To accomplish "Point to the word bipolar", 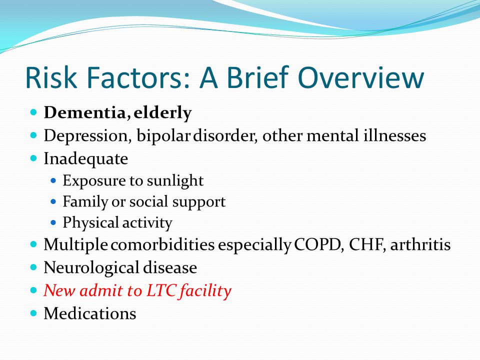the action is click(163, 136).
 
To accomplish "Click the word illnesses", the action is click(394, 135).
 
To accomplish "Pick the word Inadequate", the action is click(85, 159).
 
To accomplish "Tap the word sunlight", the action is click(175, 180).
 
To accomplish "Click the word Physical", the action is click(90, 223).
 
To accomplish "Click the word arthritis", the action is click(420, 244).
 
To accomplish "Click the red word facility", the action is click(205, 291).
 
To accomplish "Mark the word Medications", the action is click(90, 313).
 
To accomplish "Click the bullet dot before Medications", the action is click(33, 313).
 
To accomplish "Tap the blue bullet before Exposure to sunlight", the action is click(53, 180).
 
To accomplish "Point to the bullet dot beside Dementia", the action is click(33, 112).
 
